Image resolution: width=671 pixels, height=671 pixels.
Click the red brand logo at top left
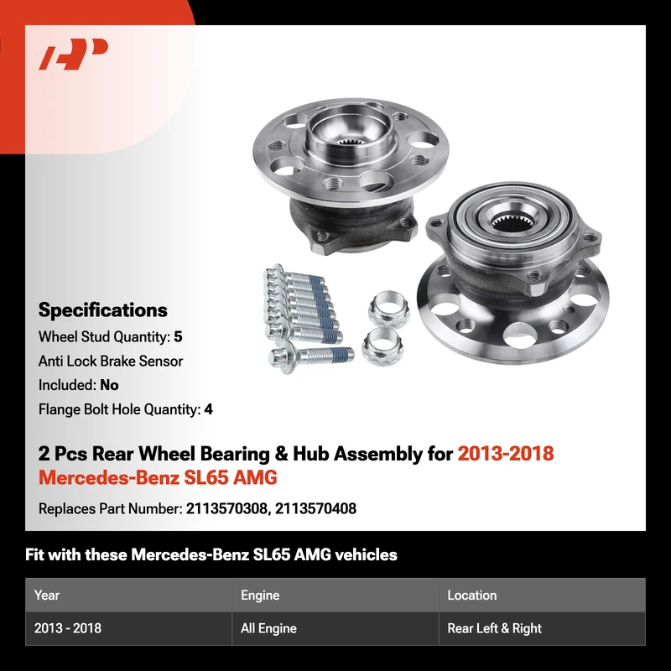point(73,54)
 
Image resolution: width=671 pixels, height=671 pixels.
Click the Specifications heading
point(102,309)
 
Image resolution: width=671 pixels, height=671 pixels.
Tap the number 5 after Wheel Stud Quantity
point(178,337)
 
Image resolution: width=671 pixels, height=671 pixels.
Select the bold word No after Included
point(109,385)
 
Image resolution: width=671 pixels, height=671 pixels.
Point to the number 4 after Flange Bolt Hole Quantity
point(208,409)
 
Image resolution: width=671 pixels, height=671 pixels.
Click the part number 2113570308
point(226,508)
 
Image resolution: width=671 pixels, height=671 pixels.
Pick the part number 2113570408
point(315,508)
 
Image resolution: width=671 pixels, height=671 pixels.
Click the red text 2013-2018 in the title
point(506,454)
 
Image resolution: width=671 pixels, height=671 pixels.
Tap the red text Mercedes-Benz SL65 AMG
point(158,477)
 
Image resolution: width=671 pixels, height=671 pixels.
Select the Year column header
point(47,595)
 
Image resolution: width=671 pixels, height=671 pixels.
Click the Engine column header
point(260,596)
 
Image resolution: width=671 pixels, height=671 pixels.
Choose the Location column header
point(472,595)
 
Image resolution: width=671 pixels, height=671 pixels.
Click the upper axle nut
point(388,309)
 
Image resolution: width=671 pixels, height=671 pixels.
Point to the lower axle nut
point(382,346)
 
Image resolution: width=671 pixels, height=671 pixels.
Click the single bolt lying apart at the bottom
point(311,356)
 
